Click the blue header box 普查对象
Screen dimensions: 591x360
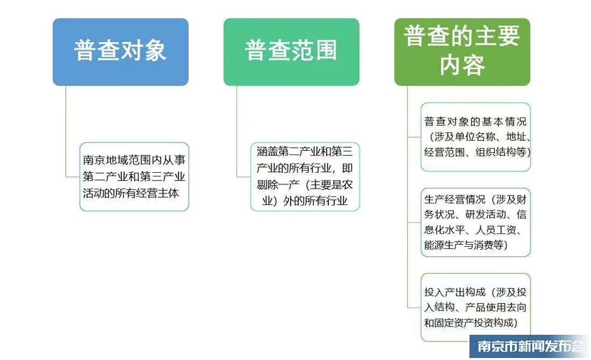(120, 52)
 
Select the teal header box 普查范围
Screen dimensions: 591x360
(291, 52)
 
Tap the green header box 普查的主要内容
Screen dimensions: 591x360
(462, 52)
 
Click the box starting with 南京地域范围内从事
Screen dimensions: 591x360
(134, 176)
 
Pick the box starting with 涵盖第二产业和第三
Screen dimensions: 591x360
(305, 176)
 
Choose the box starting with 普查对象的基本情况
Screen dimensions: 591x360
(476, 137)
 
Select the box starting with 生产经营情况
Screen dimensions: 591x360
(476, 222)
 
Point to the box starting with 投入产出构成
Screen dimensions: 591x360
(476, 307)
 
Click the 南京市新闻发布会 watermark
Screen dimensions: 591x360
(530, 346)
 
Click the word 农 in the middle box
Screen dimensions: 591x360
(347, 184)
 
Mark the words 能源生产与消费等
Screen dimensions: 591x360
(464, 245)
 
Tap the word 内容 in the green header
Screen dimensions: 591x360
(462, 65)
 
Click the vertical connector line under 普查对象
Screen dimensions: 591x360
(66, 131)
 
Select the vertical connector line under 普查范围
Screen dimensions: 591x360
(236, 131)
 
